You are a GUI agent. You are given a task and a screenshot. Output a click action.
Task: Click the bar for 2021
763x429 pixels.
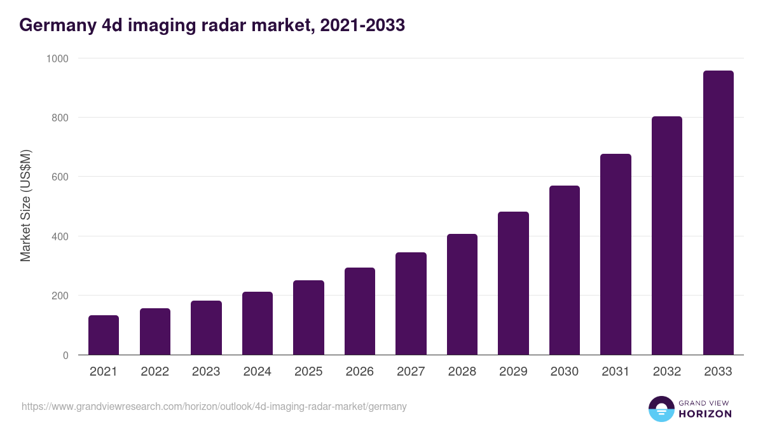[104, 335]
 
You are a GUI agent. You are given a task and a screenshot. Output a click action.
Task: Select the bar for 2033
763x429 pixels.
[718, 213]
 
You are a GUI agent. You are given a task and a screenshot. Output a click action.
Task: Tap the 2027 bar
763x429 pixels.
[411, 304]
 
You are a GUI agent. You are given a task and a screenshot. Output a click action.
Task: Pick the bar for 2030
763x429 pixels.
[565, 270]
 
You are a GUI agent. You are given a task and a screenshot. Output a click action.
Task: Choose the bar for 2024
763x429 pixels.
[258, 323]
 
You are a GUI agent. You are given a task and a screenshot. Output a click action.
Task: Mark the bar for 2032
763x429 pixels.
[667, 236]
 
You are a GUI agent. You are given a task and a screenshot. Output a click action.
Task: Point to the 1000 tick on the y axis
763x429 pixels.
[57, 58]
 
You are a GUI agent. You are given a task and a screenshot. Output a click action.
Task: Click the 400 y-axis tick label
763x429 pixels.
[60, 236]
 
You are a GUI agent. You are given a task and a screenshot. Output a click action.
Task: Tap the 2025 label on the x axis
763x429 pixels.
[308, 372]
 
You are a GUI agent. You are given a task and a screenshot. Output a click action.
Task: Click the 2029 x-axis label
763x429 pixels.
[513, 372]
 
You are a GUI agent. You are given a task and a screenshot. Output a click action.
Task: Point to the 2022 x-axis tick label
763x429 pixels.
[155, 372]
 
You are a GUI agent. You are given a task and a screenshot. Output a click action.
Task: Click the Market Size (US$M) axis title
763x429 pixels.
[25, 206]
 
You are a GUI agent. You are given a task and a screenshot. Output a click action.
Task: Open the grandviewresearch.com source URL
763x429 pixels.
[214, 406]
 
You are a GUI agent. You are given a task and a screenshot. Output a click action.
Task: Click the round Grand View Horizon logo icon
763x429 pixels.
[661, 409]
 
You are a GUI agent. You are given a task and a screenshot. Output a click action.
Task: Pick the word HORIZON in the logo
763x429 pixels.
[705, 414]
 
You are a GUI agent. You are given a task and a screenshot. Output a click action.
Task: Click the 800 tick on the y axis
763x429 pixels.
[60, 118]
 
